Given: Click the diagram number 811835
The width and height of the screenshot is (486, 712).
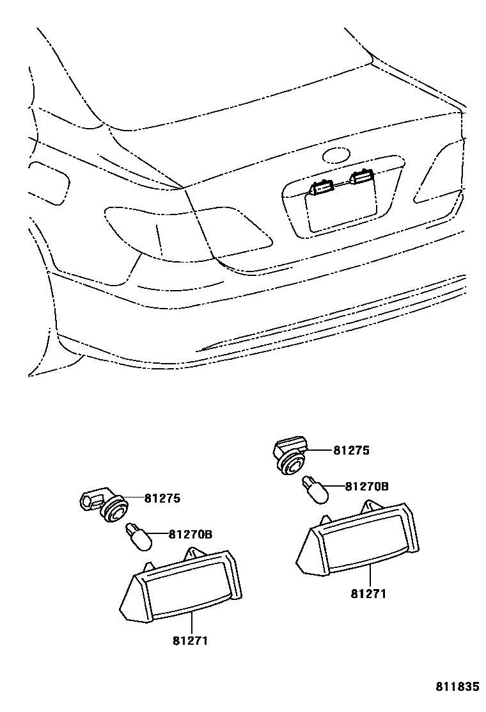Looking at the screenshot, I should pyautogui.click(x=457, y=687).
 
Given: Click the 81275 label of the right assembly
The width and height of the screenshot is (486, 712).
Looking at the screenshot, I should pyautogui.click(x=351, y=450).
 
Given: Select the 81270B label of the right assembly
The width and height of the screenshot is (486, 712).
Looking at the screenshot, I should pyautogui.click(x=366, y=486).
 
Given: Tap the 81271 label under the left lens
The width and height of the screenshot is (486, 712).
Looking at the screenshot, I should pyautogui.click(x=190, y=640).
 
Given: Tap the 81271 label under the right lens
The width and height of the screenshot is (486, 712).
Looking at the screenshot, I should pyautogui.click(x=368, y=594).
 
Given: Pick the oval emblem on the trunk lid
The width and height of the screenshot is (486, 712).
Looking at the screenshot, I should pyautogui.click(x=337, y=156).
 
